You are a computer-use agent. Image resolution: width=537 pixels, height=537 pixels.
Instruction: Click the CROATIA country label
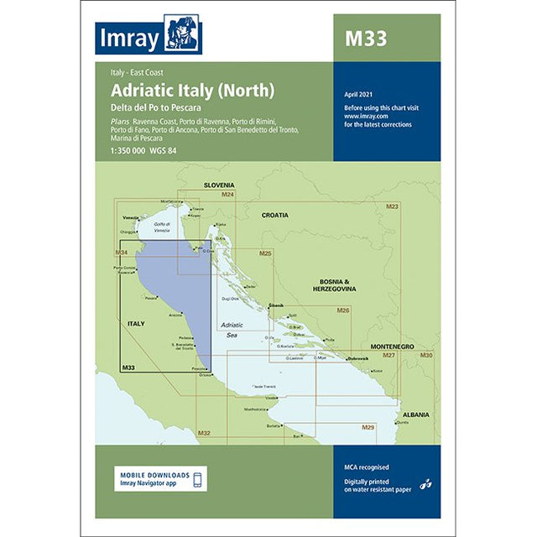click(274, 215)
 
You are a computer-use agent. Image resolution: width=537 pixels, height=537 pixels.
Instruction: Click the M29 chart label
click(368, 428)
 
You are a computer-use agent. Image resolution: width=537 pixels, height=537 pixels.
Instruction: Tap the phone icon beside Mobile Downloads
click(197, 479)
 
